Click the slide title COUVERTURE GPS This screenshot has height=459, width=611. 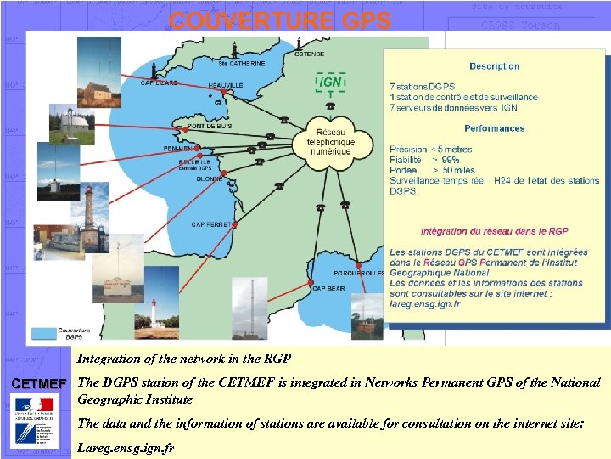(x=279, y=20)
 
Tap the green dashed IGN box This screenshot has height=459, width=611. (x=330, y=82)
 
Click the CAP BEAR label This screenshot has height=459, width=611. (x=329, y=289)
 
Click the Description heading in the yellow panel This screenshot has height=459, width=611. (x=494, y=66)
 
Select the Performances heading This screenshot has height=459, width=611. (x=494, y=128)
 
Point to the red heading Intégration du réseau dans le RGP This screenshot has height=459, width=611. (x=494, y=231)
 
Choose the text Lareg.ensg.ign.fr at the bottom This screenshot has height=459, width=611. (x=126, y=446)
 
